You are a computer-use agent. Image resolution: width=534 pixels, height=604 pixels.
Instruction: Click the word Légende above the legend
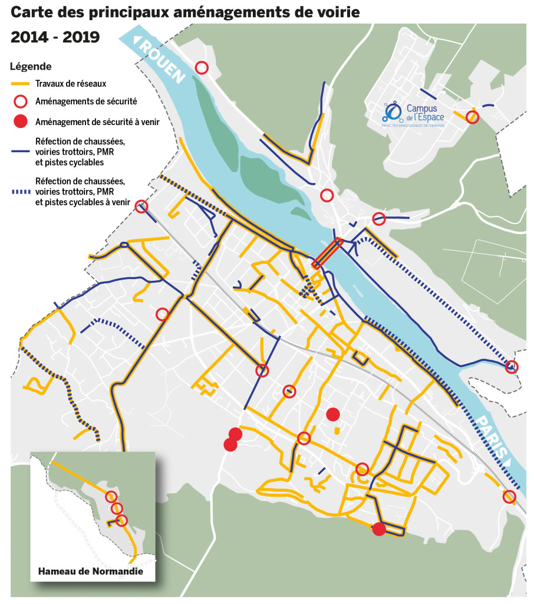[x=31, y=67]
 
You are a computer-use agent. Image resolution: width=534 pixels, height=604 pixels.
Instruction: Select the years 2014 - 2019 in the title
[x=55, y=37]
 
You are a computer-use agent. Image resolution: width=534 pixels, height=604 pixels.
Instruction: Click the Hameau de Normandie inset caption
[x=90, y=572]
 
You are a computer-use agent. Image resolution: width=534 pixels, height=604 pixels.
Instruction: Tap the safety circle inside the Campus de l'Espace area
[x=472, y=117]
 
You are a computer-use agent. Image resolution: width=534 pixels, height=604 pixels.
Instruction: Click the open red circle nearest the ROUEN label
[x=202, y=68]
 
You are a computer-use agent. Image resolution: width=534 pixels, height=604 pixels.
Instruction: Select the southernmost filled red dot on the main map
[x=379, y=529]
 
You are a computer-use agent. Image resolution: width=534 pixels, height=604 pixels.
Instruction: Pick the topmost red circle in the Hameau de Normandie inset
[x=111, y=496]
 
